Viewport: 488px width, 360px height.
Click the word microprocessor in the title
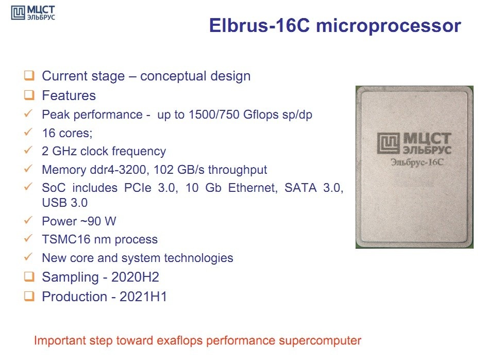pyautogui.click(x=389, y=26)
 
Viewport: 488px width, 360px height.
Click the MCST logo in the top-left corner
pyautogui.click(x=33, y=13)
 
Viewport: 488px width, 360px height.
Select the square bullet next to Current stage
pyautogui.click(x=29, y=76)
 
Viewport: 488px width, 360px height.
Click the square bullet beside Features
pyautogui.click(x=29, y=95)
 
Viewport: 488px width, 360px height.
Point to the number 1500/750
pyautogui.click(x=214, y=114)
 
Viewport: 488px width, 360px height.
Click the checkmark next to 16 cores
pyautogui.click(x=28, y=132)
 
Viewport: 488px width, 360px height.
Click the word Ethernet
pyautogui.click(x=253, y=188)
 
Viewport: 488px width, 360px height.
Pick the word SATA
pyautogui.click(x=300, y=188)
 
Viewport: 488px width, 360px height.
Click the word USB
pyautogui.click(x=54, y=203)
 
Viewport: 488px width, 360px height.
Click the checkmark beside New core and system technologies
pyautogui.click(x=28, y=257)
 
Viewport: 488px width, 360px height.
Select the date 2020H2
pyautogui.click(x=135, y=277)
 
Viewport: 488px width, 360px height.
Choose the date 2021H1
pyautogui.click(x=143, y=297)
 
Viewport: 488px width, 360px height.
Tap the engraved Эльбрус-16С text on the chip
pyautogui.click(x=417, y=162)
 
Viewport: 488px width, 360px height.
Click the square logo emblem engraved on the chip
pyautogui.click(x=389, y=143)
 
